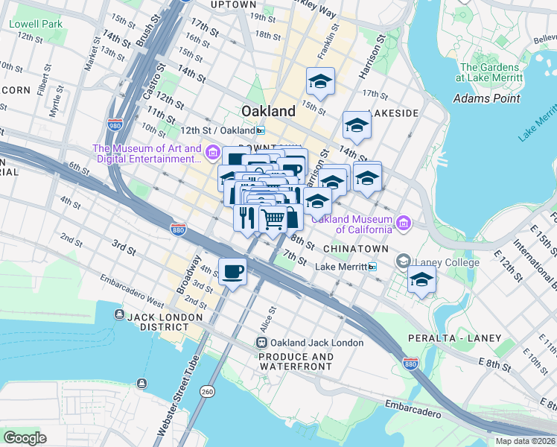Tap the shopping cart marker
273,219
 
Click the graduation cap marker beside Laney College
422,281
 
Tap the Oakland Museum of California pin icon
403,222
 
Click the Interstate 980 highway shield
115,125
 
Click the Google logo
25,437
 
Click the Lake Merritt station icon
372,267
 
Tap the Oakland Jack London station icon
261,343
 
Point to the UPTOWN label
234,4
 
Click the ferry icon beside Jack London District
118,317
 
